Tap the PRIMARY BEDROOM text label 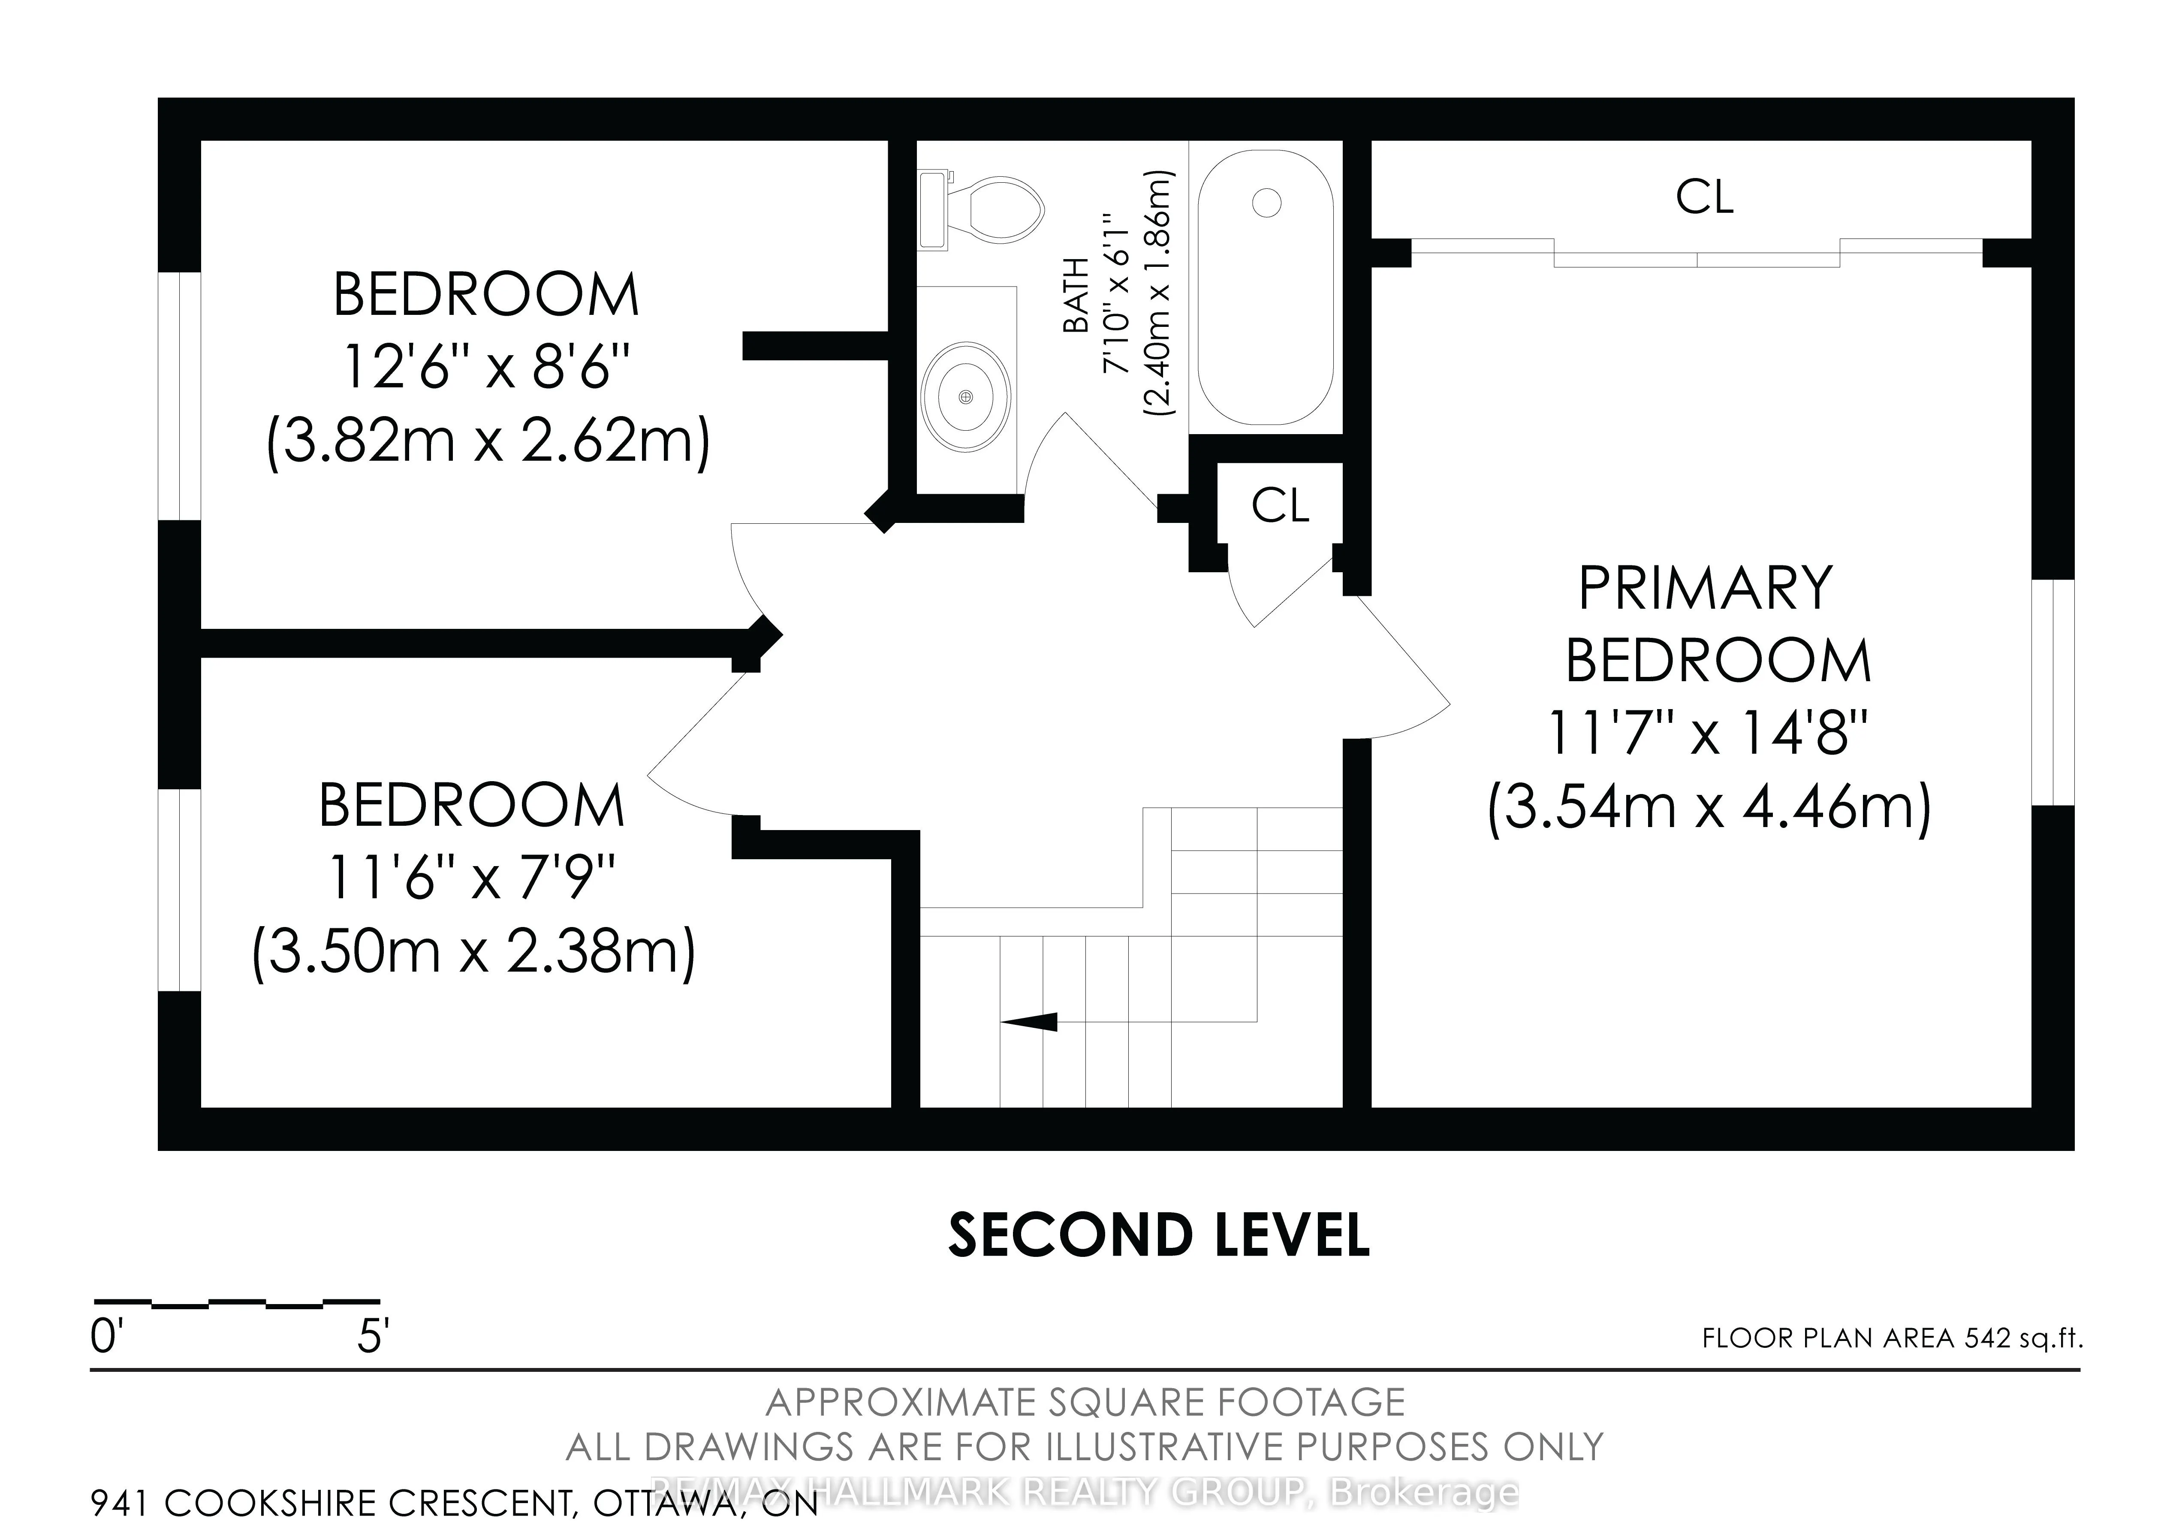coord(1715,624)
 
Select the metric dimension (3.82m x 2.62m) coord(488,441)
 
